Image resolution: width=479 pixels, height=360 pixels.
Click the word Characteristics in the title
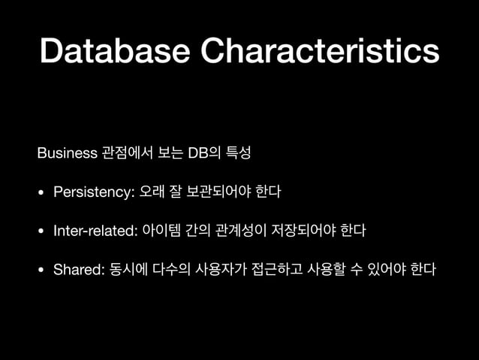click(x=321, y=50)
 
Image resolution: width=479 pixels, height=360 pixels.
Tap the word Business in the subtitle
click(x=67, y=154)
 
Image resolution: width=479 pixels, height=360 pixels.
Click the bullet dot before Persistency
click(x=42, y=193)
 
